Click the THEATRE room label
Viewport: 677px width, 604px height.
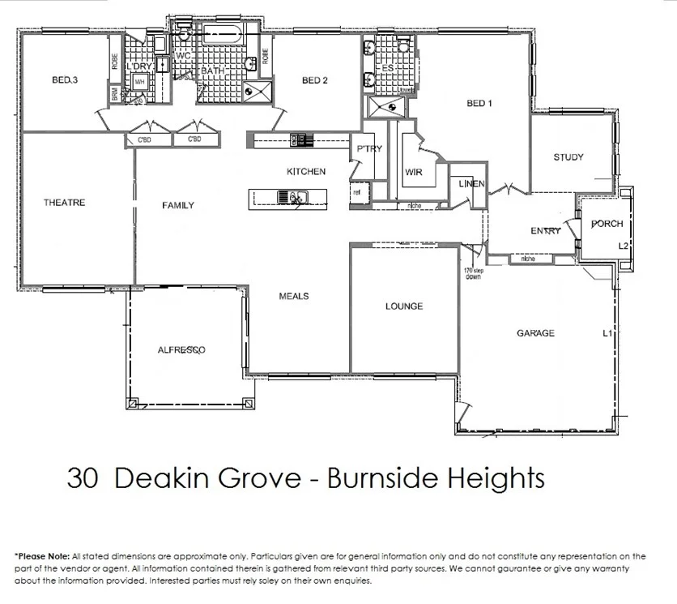pyautogui.click(x=64, y=203)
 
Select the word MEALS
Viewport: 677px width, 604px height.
pyautogui.click(x=293, y=296)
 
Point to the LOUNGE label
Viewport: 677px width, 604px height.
pyautogui.click(x=404, y=306)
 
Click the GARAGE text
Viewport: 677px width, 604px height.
pyautogui.click(x=535, y=333)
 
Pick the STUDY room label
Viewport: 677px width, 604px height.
pyautogui.click(x=568, y=157)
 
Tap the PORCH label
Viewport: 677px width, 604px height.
pyautogui.click(x=607, y=224)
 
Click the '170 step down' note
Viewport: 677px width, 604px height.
pyautogui.click(x=472, y=273)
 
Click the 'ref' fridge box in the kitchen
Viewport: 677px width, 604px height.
pyautogui.click(x=356, y=193)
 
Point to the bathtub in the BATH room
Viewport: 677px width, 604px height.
pyautogui.click(x=220, y=35)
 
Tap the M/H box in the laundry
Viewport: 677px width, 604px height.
pyautogui.click(x=140, y=82)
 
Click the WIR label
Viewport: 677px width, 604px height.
pyautogui.click(x=414, y=173)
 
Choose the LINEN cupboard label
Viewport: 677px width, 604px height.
pyautogui.click(x=470, y=184)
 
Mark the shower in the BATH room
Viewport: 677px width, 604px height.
pyautogui.click(x=260, y=91)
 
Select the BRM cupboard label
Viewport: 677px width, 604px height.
pyautogui.click(x=114, y=94)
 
